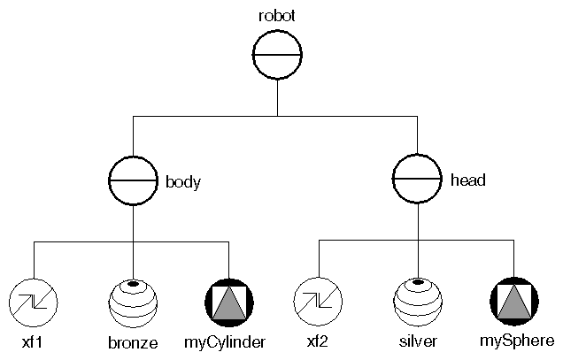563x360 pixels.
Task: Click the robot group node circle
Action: (278, 55)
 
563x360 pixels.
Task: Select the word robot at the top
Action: (278, 16)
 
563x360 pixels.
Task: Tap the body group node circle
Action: (133, 181)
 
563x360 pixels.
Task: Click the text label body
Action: (184, 183)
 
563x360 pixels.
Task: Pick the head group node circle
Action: (416, 180)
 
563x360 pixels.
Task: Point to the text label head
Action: (467, 180)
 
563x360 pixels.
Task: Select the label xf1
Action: (34, 341)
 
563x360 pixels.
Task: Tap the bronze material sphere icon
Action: (133, 302)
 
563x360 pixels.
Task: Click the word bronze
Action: (133, 341)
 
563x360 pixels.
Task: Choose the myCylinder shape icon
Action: (229, 302)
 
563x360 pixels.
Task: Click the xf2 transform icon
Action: (319, 301)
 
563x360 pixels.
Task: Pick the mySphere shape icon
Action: (514, 301)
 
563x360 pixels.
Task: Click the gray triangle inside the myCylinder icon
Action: (229, 305)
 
